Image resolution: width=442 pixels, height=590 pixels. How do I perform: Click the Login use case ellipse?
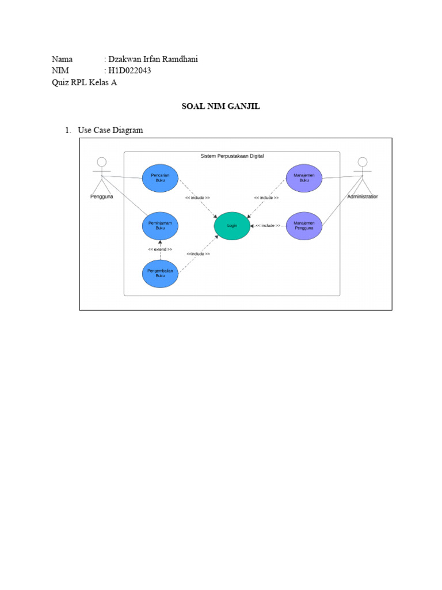click(232, 226)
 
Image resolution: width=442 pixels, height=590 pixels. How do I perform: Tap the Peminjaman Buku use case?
click(160, 226)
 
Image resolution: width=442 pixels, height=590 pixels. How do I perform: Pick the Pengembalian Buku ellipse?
click(160, 273)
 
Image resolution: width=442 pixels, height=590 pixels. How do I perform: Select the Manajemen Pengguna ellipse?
click(304, 225)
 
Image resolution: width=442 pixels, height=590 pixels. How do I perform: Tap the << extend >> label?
click(160, 249)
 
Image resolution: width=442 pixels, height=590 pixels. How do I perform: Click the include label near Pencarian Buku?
click(197, 198)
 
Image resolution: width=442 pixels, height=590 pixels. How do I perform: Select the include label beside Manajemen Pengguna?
click(268, 226)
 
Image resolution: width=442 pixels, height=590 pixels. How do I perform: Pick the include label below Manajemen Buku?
click(266, 198)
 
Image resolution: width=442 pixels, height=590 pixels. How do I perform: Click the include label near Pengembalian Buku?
click(198, 254)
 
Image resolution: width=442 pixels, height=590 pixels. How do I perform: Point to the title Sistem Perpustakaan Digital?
click(232, 156)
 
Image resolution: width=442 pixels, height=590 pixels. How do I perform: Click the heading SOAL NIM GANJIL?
click(221, 106)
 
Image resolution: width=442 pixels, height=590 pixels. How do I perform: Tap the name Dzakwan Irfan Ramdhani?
click(153, 59)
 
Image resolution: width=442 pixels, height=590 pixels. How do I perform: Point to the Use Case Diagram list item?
click(110, 130)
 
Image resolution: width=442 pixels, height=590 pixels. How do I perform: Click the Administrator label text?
click(363, 196)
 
